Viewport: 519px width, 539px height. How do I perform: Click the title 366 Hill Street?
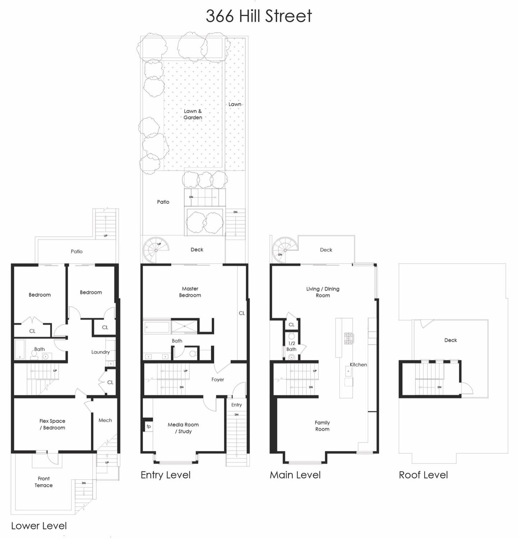pyautogui.click(x=259, y=16)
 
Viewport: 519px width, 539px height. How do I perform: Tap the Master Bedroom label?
pyautogui.click(x=190, y=292)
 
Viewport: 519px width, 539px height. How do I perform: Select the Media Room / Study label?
pyautogui.click(x=183, y=428)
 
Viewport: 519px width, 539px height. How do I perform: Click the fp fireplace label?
pyautogui.click(x=148, y=426)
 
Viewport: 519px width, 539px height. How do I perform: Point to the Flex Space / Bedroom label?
pyautogui.click(x=52, y=424)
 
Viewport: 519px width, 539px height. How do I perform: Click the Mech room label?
pyautogui.click(x=105, y=420)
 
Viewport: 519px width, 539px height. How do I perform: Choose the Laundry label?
pyautogui.click(x=100, y=352)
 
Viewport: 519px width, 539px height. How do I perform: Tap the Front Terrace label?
pyautogui.click(x=43, y=482)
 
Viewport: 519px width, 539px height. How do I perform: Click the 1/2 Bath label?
pyautogui.click(x=291, y=346)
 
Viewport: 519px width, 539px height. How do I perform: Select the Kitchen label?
pyautogui.click(x=358, y=365)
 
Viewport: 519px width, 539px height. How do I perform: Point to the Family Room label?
pyautogui.click(x=322, y=426)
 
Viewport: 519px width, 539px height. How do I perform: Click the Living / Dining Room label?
pyautogui.click(x=323, y=292)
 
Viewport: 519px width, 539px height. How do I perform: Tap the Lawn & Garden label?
pyautogui.click(x=193, y=114)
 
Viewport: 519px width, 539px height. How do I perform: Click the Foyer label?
pyautogui.click(x=218, y=379)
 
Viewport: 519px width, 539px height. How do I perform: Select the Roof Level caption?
pyautogui.click(x=423, y=475)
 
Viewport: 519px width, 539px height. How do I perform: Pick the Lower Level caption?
pyautogui.click(x=39, y=526)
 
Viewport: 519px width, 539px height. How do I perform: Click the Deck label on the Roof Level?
pyautogui.click(x=450, y=340)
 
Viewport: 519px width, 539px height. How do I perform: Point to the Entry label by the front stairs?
pyautogui.click(x=236, y=405)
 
